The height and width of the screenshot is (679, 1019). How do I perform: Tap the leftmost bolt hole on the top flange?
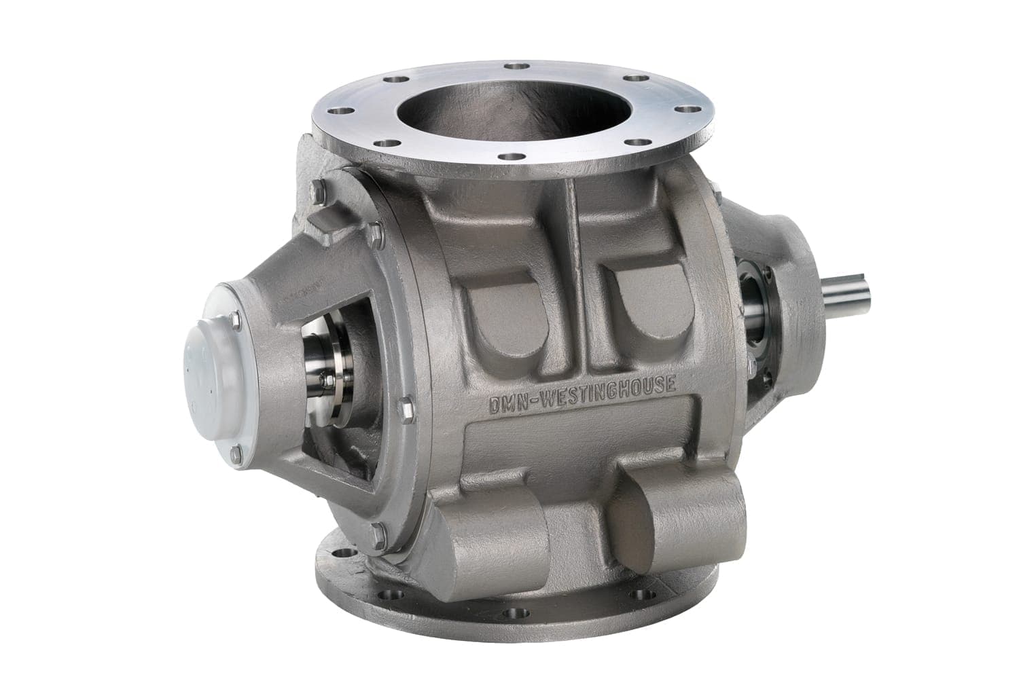click(343, 110)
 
